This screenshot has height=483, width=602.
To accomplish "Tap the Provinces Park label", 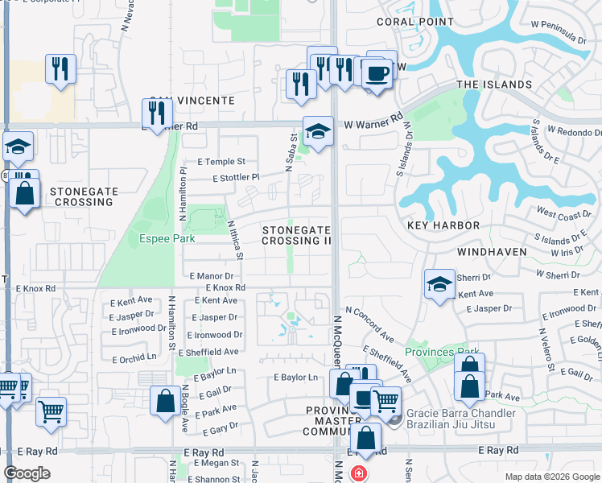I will pyautogui.click(x=442, y=352).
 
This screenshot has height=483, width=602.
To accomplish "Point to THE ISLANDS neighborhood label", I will pyautogui.click(x=494, y=85).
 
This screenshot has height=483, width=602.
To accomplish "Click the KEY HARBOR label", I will pyautogui.click(x=445, y=226).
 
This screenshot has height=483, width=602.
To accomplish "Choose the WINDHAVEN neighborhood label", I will pyautogui.click(x=492, y=252).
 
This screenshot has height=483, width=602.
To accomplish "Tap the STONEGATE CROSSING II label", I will pyautogui.click(x=296, y=235).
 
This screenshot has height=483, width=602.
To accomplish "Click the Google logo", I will pyautogui.click(x=27, y=473).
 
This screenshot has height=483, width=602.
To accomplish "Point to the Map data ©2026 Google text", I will pyautogui.click(x=551, y=477).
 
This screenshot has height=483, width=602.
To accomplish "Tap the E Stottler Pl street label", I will pyautogui.click(x=236, y=177).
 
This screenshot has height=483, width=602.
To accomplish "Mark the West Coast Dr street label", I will pyautogui.click(x=564, y=214).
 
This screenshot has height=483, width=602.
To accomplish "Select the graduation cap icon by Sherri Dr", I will pyautogui.click(x=439, y=284).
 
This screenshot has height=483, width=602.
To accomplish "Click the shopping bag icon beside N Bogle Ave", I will pyautogui.click(x=165, y=401).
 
